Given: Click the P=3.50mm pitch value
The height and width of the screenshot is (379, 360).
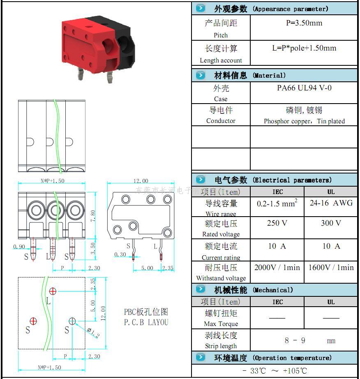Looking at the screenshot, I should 304,23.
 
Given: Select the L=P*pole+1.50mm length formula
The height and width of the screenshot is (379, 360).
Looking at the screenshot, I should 304,48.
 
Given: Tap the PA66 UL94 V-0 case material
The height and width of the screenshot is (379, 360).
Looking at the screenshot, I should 304,88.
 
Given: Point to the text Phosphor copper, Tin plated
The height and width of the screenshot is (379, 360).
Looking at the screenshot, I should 304,121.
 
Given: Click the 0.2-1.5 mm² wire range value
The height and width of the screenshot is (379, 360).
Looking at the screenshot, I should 277,203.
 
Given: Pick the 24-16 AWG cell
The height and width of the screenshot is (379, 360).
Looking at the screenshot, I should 331,203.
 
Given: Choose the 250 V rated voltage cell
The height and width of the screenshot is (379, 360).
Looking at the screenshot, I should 277,223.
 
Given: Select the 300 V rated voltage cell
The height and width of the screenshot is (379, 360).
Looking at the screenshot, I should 331,223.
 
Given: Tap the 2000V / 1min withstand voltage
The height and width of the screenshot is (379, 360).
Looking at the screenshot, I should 277,268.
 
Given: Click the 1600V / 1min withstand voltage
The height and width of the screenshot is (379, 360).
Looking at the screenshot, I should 331,268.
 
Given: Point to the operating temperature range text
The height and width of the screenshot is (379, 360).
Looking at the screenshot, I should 275,371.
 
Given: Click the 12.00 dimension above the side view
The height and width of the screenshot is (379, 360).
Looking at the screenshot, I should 141,181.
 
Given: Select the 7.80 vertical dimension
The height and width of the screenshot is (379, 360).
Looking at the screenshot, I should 93,215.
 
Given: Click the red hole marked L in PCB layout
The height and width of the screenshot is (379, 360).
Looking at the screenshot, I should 53,291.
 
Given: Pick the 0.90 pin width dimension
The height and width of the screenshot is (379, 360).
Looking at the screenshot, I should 19,247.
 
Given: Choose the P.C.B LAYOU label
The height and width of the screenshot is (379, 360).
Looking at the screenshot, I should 146,322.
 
